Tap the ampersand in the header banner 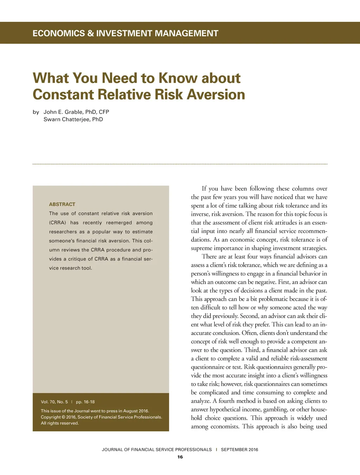(91, 33)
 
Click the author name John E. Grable (63, 112)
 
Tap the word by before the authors (36, 112)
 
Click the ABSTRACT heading (62, 204)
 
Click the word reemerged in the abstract (119, 223)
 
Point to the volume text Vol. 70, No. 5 (54, 402)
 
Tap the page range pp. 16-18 (85, 402)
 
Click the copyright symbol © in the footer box (63, 417)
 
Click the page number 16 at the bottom (180, 457)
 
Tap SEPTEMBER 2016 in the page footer (239, 449)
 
